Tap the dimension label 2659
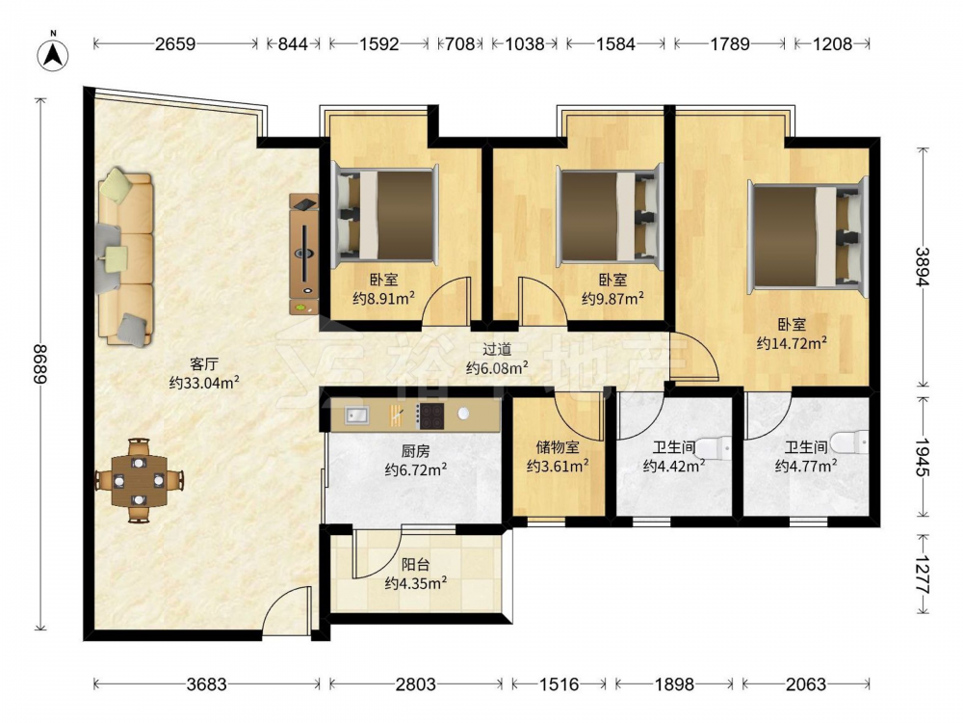[175, 43]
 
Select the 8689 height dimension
[40, 364]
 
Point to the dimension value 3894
[923, 266]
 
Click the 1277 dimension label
[923, 575]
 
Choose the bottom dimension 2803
[416, 683]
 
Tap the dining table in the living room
[140, 480]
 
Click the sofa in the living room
[124, 257]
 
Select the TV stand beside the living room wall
[304, 254]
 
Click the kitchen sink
[355, 415]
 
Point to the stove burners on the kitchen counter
[429, 415]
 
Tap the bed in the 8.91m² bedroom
[384, 214]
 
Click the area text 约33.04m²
[204, 383]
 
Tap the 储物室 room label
[558, 447]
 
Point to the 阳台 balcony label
[416, 564]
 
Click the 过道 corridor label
[496, 349]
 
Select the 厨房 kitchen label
[416, 451]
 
